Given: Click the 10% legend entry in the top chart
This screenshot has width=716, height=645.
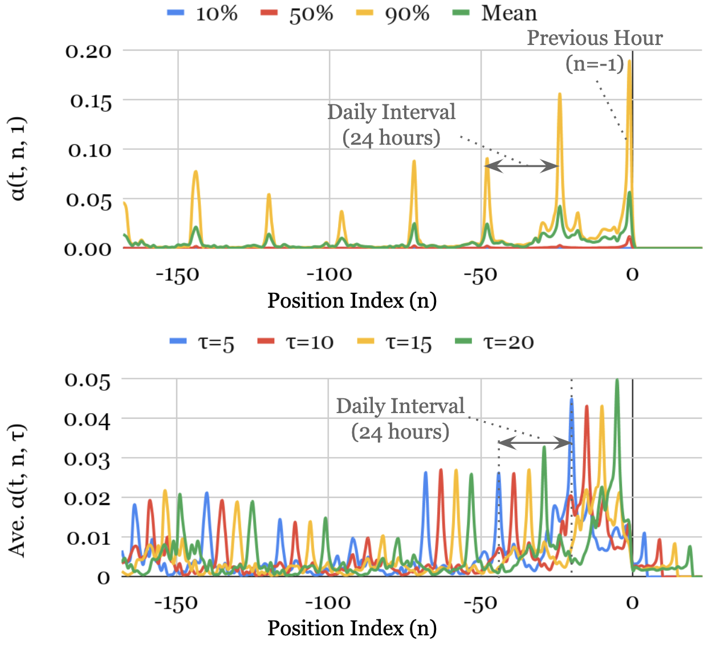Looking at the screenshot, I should click(203, 13).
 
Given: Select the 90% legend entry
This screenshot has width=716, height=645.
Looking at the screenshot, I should click(393, 13).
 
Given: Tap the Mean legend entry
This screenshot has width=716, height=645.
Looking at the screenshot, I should click(495, 13).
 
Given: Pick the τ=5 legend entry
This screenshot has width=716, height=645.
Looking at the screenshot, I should click(202, 342).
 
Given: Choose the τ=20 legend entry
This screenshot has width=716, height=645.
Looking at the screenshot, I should click(494, 342).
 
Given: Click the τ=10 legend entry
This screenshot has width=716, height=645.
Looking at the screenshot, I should click(296, 342).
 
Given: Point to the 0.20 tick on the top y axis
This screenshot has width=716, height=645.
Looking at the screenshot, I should click(88, 51).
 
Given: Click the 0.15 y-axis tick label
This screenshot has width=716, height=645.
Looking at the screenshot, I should click(91, 101).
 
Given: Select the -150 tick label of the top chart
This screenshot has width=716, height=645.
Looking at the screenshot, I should click(177, 275).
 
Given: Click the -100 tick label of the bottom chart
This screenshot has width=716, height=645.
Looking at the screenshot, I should click(328, 602).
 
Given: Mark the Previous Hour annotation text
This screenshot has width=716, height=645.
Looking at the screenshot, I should click(595, 50).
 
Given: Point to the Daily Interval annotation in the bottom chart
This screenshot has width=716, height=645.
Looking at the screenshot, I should click(400, 419).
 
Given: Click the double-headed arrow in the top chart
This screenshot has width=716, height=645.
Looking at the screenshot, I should click(521, 166).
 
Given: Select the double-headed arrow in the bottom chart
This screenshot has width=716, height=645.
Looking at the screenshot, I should click(535, 443).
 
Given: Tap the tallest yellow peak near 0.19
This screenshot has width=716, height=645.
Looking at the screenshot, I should click(629, 62).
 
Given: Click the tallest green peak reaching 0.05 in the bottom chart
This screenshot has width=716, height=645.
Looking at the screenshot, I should click(617, 381).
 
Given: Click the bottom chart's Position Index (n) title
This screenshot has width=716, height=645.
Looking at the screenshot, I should click(352, 628).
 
